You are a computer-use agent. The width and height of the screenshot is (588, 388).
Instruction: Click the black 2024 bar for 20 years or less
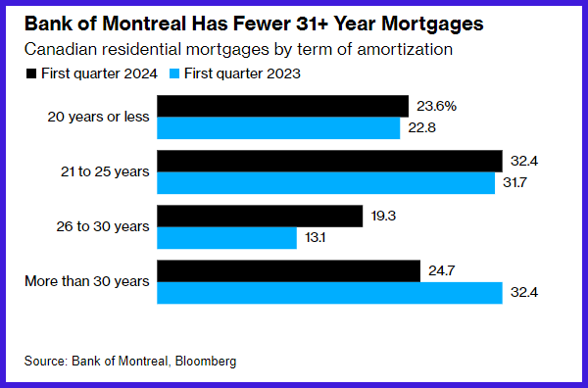click(282, 106)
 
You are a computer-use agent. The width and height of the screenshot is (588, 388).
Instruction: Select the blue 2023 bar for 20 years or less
click(278, 127)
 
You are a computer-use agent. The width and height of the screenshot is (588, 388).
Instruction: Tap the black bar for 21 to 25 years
click(329, 162)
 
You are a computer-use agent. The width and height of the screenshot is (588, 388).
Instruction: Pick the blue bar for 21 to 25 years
click(326, 183)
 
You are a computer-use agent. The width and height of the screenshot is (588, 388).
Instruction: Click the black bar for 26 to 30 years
click(260, 216)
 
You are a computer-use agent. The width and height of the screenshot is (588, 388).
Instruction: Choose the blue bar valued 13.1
click(226, 238)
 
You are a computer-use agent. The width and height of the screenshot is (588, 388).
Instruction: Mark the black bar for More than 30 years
click(288, 270)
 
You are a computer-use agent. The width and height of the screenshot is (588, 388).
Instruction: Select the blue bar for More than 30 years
click(329, 293)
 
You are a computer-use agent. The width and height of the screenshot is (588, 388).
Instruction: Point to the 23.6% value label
click(436, 106)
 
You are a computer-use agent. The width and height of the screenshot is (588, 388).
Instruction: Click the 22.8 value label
click(421, 127)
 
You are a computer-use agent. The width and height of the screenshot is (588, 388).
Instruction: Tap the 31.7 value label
click(514, 183)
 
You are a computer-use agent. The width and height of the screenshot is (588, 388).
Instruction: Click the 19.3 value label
click(383, 216)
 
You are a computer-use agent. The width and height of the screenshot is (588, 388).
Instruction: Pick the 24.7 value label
click(442, 270)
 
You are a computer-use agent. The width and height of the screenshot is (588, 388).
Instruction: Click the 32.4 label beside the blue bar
click(524, 292)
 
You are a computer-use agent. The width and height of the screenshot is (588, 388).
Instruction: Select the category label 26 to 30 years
click(103, 226)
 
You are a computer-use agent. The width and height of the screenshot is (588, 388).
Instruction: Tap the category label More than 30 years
click(87, 281)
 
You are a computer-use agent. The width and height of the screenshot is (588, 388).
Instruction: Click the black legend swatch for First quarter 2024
click(31, 73)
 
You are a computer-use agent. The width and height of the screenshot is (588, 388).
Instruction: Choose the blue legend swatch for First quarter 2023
click(174, 73)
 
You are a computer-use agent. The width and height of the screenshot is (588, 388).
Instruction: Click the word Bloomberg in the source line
click(206, 361)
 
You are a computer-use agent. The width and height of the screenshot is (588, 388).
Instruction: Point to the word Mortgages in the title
click(432, 24)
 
